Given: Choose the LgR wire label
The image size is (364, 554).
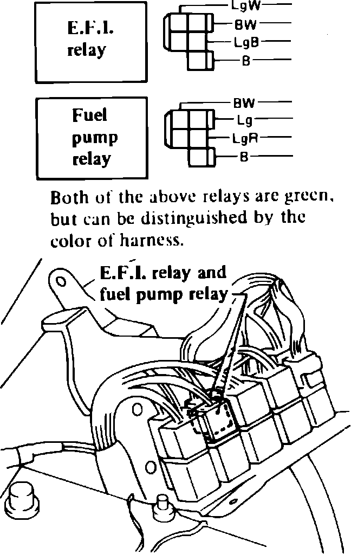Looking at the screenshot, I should click(x=245, y=138).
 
